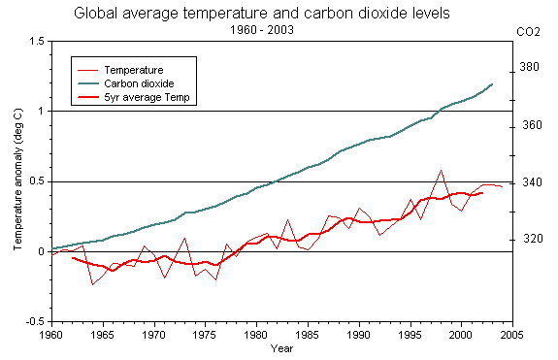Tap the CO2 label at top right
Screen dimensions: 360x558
tap(528, 32)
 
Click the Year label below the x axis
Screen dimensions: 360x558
tap(282, 347)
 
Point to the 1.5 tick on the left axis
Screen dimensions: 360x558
tap(37, 42)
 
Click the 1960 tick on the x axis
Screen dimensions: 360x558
tap(51, 334)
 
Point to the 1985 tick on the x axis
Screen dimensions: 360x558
tap(308, 334)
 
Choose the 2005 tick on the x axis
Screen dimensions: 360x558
tap(511, 334)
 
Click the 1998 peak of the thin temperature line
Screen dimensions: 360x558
tap(441, 171)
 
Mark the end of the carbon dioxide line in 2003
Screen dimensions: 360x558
tap(492, 84)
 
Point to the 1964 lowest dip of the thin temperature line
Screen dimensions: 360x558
tap(93, 284)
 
